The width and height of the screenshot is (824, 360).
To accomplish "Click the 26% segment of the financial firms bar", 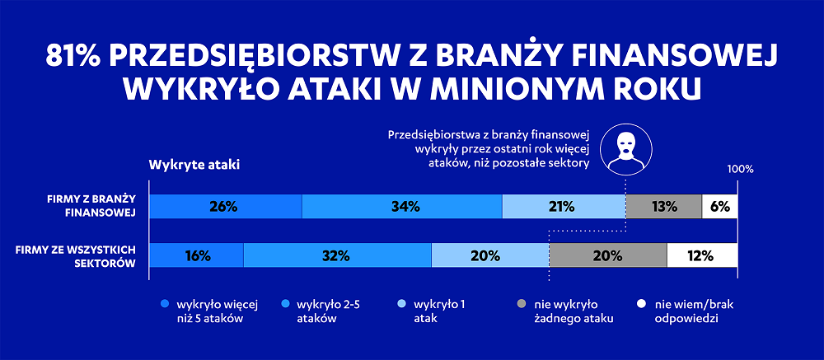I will [225, 207].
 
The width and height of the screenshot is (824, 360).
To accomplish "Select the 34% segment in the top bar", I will [401, 207].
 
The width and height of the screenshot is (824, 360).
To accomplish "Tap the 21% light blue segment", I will [564, 207].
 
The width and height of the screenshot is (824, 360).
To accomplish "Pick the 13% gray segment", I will [663, 207].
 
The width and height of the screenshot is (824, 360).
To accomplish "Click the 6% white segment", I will [719, 207].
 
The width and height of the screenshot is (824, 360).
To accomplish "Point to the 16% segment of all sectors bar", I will [196, 255].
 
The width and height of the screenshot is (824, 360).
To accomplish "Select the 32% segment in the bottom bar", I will [337, 255].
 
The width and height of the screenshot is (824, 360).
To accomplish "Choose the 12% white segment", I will [701, 255].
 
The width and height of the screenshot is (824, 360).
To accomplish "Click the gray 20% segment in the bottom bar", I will [607, 255].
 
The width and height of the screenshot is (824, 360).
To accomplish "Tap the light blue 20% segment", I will [489, 255].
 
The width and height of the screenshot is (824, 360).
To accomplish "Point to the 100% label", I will [740, 170].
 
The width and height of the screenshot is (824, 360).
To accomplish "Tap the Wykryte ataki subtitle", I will [194, 164].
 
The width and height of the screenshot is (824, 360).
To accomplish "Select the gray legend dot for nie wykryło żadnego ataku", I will [522, 304].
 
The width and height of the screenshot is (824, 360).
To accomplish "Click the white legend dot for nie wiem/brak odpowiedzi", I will [641, 304].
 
